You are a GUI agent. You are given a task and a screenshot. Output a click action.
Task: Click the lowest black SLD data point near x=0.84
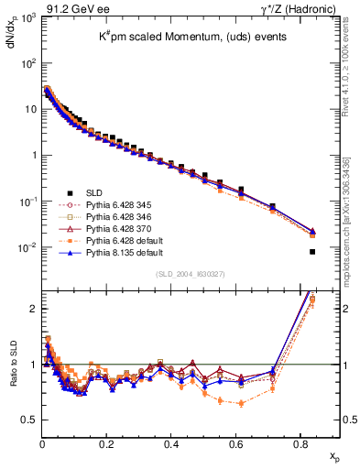click(x=312, y=252)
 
